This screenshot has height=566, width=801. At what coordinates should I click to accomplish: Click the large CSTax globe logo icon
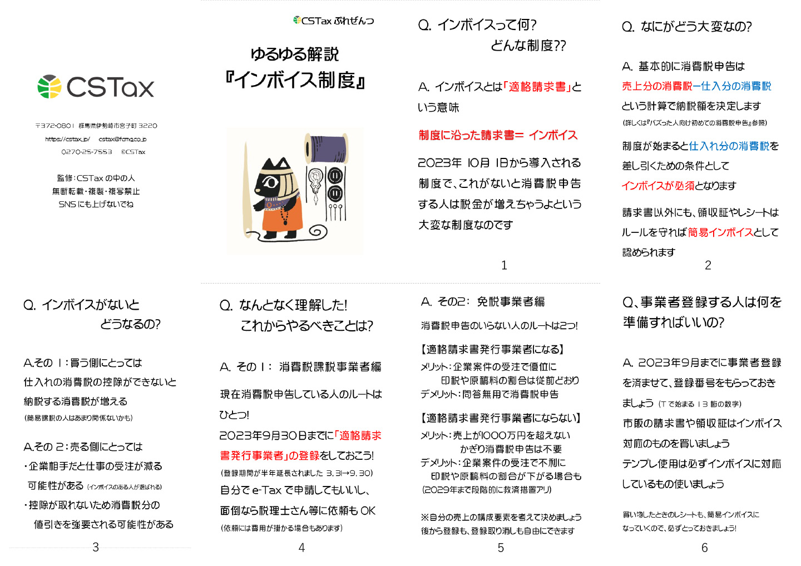pos(50,87)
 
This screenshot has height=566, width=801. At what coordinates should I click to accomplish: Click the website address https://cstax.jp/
pos(68,139)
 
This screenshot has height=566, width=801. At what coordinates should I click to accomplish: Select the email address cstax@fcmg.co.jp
pos(122,139)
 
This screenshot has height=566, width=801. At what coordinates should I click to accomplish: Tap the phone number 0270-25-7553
pos(87,152)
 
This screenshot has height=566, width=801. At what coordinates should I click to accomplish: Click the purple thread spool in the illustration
pos(327,148)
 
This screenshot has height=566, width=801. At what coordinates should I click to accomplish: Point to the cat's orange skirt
pos(282,218)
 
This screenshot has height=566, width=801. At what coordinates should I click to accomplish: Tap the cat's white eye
pos(271,182)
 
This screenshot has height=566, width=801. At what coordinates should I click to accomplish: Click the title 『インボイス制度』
pos(295,80)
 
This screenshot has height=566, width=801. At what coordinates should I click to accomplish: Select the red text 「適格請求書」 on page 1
pos(537,87)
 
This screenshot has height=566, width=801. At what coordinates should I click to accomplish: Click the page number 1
pos(504,265)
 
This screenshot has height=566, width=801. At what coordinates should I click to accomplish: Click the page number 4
pos(301,548)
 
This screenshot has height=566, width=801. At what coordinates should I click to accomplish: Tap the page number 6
pos(704,548)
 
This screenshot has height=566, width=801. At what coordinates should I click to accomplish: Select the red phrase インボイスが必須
pos(658,186)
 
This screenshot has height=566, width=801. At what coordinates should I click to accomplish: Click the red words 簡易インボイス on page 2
pos(720,232)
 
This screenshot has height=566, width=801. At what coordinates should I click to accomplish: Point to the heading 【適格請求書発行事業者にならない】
pos(500,418)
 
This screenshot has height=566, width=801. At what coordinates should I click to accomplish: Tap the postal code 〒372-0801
pos(55,126)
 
